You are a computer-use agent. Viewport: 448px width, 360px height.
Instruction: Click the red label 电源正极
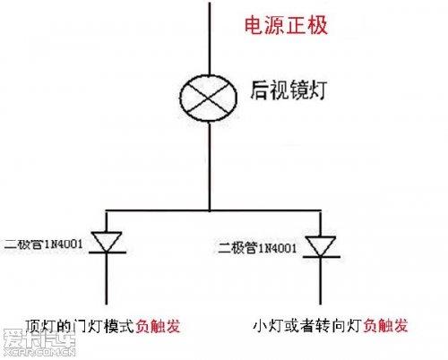tap(286, 26)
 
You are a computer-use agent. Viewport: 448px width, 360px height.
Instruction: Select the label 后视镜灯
tap(289, 90)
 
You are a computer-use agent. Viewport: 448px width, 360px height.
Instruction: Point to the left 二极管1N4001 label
tap(43, 244)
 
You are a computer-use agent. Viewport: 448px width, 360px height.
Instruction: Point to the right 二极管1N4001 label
tap(257, 248)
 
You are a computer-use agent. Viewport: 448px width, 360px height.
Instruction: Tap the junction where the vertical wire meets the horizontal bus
tap(210, 210)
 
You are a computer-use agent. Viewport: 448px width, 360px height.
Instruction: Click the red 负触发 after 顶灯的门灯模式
tap(159, 326)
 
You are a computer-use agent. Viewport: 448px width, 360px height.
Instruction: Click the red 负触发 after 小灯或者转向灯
tap(385, 326)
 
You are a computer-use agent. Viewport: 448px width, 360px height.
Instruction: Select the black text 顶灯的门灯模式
tap(80, 326)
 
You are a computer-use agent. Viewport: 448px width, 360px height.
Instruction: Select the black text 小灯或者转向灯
tap(307, 326)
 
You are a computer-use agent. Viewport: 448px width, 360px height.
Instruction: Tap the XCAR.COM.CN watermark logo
tap(39, 342)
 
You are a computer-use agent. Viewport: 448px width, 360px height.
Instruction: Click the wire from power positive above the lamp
tap(210, 39)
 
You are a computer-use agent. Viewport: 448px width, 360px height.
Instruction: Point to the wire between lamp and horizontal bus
tap(210, 167)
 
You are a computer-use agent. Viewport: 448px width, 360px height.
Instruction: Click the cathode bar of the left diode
tap(108, 253)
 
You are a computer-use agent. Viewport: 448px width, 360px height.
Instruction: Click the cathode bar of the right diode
tap(322, 257)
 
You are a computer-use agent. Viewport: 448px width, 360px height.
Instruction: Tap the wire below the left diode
tap(107, 279)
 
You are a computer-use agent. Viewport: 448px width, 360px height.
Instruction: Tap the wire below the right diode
tap(321, 281)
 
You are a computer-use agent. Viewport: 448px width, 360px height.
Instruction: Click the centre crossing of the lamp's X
tap(208, 98)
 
